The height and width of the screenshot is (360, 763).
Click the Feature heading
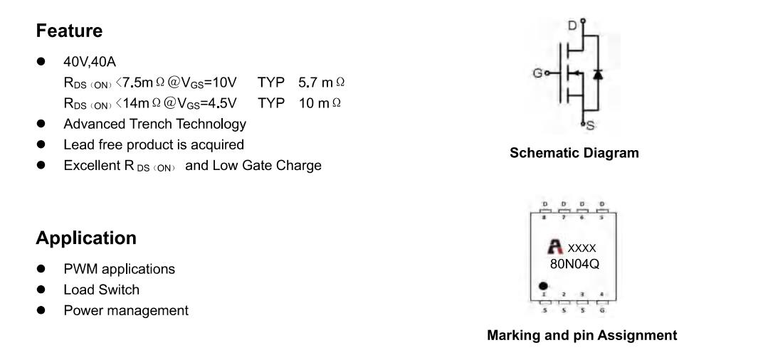coord(69,31)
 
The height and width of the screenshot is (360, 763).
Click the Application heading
coord(86,238)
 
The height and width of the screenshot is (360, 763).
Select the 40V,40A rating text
coord(90,62)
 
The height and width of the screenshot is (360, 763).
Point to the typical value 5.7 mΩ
coord(321,83)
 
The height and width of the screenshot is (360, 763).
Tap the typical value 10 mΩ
coord(320,103)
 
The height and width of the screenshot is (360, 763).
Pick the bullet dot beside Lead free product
coord(41,144)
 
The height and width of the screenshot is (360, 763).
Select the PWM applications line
coord(120,269)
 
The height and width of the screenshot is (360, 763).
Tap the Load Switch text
coord(101,290)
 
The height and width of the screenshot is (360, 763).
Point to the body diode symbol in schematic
coord(598,74)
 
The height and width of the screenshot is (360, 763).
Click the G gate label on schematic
coord(537,73)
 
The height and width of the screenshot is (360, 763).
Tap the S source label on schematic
coord(590,125)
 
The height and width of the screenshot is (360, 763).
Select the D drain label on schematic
coord(573,25)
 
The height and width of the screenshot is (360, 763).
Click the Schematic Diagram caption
coord(574,153)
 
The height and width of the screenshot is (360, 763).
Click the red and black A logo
coord(555,247)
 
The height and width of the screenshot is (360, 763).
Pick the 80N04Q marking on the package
coord(574,264)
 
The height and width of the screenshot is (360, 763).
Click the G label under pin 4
coord(602,310)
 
